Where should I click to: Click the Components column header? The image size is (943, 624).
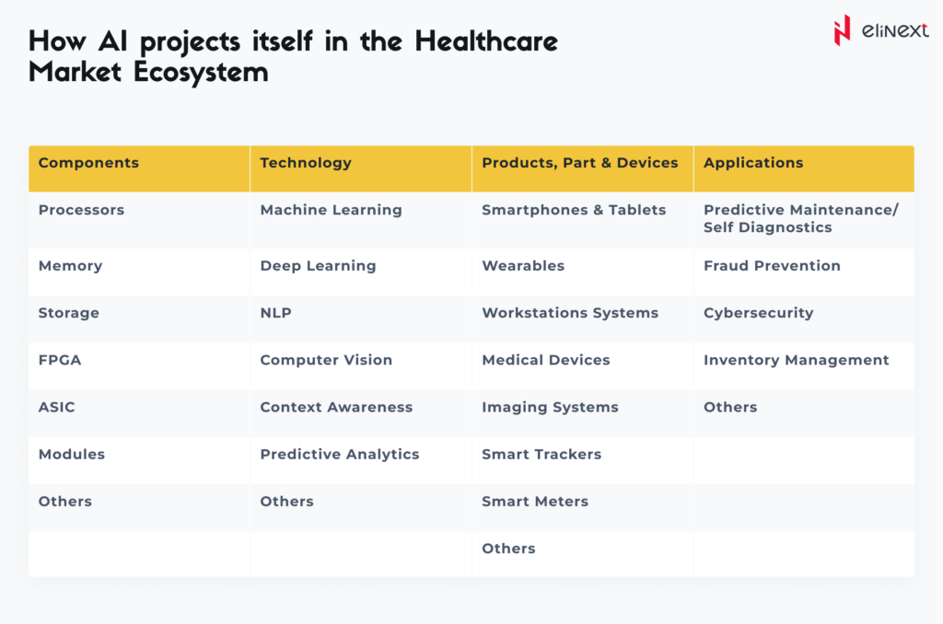[x=88, y=163]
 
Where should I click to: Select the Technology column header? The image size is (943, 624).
[x=306, y=163]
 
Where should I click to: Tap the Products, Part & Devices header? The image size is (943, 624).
[x=579, y=163]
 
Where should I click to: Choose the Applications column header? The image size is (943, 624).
[x=753, y=163]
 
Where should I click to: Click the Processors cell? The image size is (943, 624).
[x=81, y=210]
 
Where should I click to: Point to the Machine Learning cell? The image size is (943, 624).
[x=331, y=210]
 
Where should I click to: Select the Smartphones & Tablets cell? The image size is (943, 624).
[x=574, y=210]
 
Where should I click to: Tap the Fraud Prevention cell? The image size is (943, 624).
[x=772, y=266]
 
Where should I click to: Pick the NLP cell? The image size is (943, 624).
[x=275, y=313]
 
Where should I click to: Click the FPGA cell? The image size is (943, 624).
[x=60, y=360]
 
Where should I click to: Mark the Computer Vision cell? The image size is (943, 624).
[x=326, y=360]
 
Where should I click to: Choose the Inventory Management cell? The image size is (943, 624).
[x=796, y=360]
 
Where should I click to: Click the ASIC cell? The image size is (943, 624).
[x=56, y=407]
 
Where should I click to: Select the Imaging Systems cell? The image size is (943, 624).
[x=550, y=407]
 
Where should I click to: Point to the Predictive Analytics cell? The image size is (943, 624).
[x=339, y=454]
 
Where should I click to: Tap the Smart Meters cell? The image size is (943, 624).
[x=535, y=502]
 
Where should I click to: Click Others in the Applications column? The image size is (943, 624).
[x=730, y=407]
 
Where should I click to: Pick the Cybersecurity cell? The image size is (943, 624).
[x=758, y=313]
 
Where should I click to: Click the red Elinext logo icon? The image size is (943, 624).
[x=842, y=30]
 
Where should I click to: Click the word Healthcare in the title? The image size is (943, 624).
[x=486, y=42]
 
